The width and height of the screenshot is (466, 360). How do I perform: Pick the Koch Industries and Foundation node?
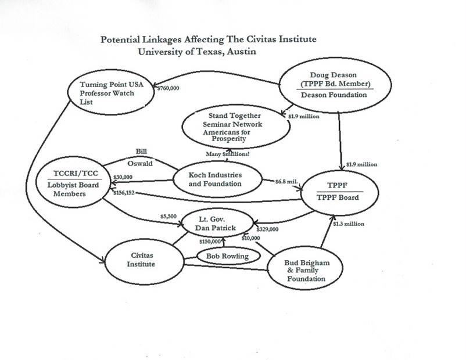tap(216, 179)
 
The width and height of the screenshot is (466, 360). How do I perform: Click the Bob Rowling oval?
tap(224, 256)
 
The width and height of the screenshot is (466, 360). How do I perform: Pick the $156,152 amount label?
tap(122, 193)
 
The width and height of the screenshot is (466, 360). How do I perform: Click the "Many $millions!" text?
tap(229, 153)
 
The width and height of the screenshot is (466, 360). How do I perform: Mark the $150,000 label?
tap(210, 241)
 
